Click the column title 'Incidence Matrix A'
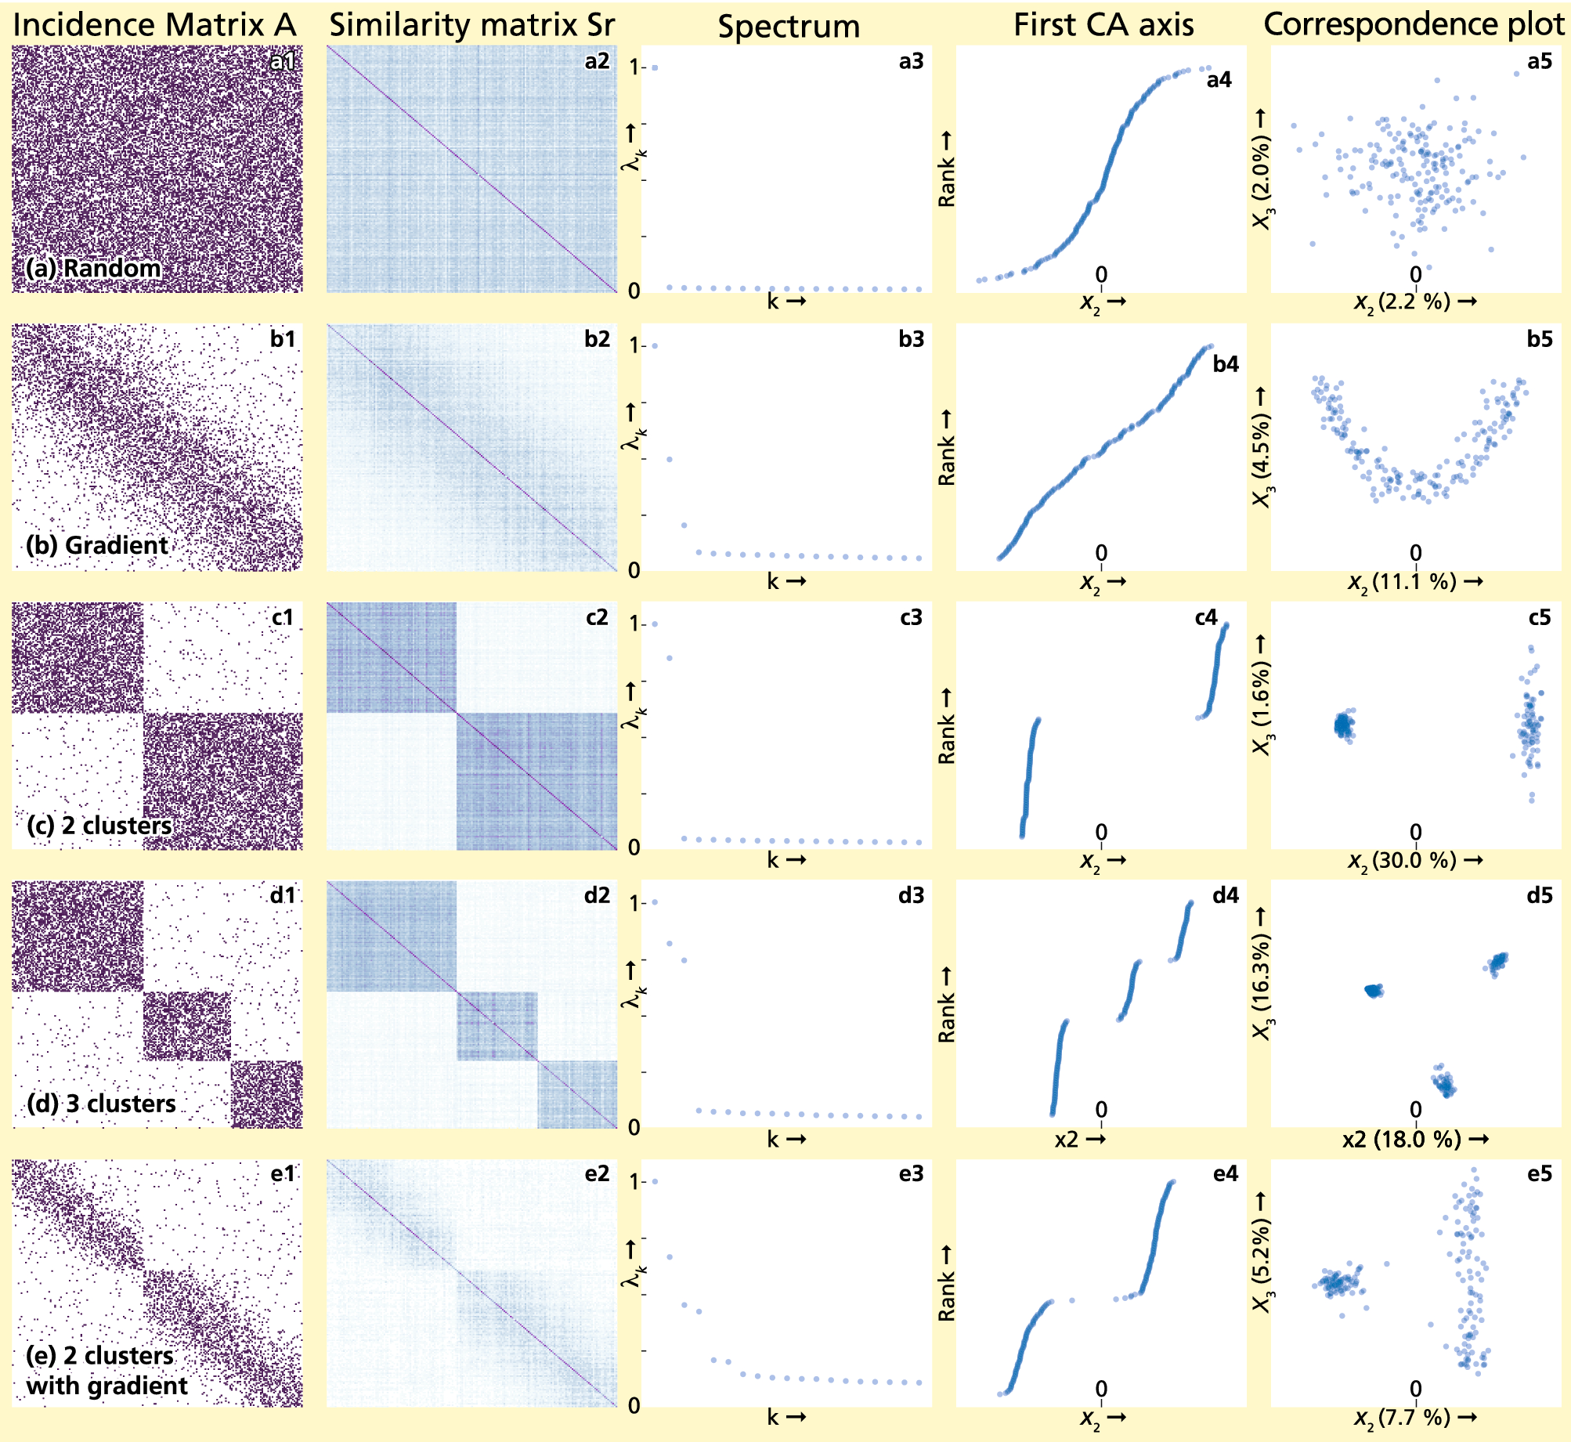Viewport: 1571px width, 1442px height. point(154,25)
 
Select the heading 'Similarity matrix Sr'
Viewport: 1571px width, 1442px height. point(471,25)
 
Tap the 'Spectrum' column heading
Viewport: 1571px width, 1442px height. point(789,27)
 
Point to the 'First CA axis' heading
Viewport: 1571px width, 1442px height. point(1103,25)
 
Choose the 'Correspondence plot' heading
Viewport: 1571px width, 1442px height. point(1414,24)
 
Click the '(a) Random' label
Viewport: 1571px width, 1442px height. point(93,269)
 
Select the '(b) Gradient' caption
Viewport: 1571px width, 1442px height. point(97,545)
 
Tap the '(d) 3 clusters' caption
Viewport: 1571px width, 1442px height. point(101,1104)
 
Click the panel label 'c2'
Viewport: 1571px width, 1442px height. point(597,617)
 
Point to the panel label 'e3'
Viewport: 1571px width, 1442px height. point(911,1173)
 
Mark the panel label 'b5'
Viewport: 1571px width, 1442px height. point(1540,339)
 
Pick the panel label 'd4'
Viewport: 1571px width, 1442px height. point(1226,895)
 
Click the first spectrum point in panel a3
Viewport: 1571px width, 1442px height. point(655,68)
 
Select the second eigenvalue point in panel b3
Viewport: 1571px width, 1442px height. point(670,459)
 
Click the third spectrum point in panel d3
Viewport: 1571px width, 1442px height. point(684,960)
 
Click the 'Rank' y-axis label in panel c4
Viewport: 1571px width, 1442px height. point(947,728)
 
